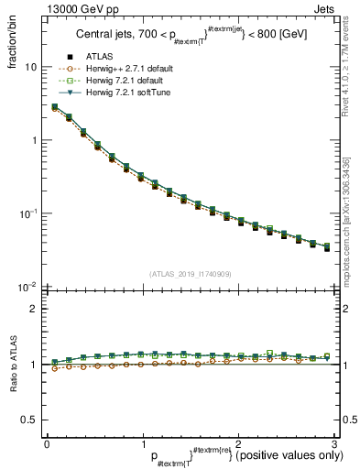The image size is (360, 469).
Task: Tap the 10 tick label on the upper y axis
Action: point(30,67)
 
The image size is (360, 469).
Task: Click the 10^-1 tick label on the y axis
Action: point(27,213)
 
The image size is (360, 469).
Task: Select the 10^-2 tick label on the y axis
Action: point(27,287)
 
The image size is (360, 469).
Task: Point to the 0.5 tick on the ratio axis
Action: point(29,420)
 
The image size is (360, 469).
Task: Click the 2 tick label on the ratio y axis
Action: point(33,309)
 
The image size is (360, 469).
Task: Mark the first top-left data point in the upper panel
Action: point(55,107)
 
